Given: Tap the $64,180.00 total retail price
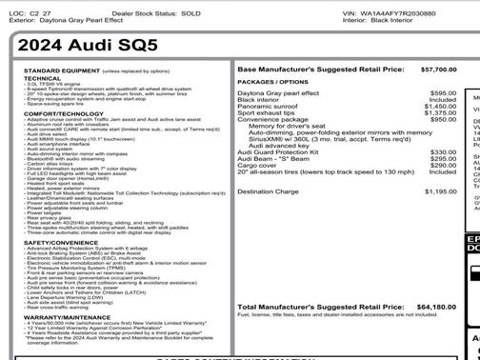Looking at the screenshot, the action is pyautogui.click(x=437, y=307).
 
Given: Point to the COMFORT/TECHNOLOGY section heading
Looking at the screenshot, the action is pyautogui.click(x=64, y=111).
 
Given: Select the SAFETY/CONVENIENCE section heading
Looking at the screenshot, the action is pyautogui.click(x=62, y=242).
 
